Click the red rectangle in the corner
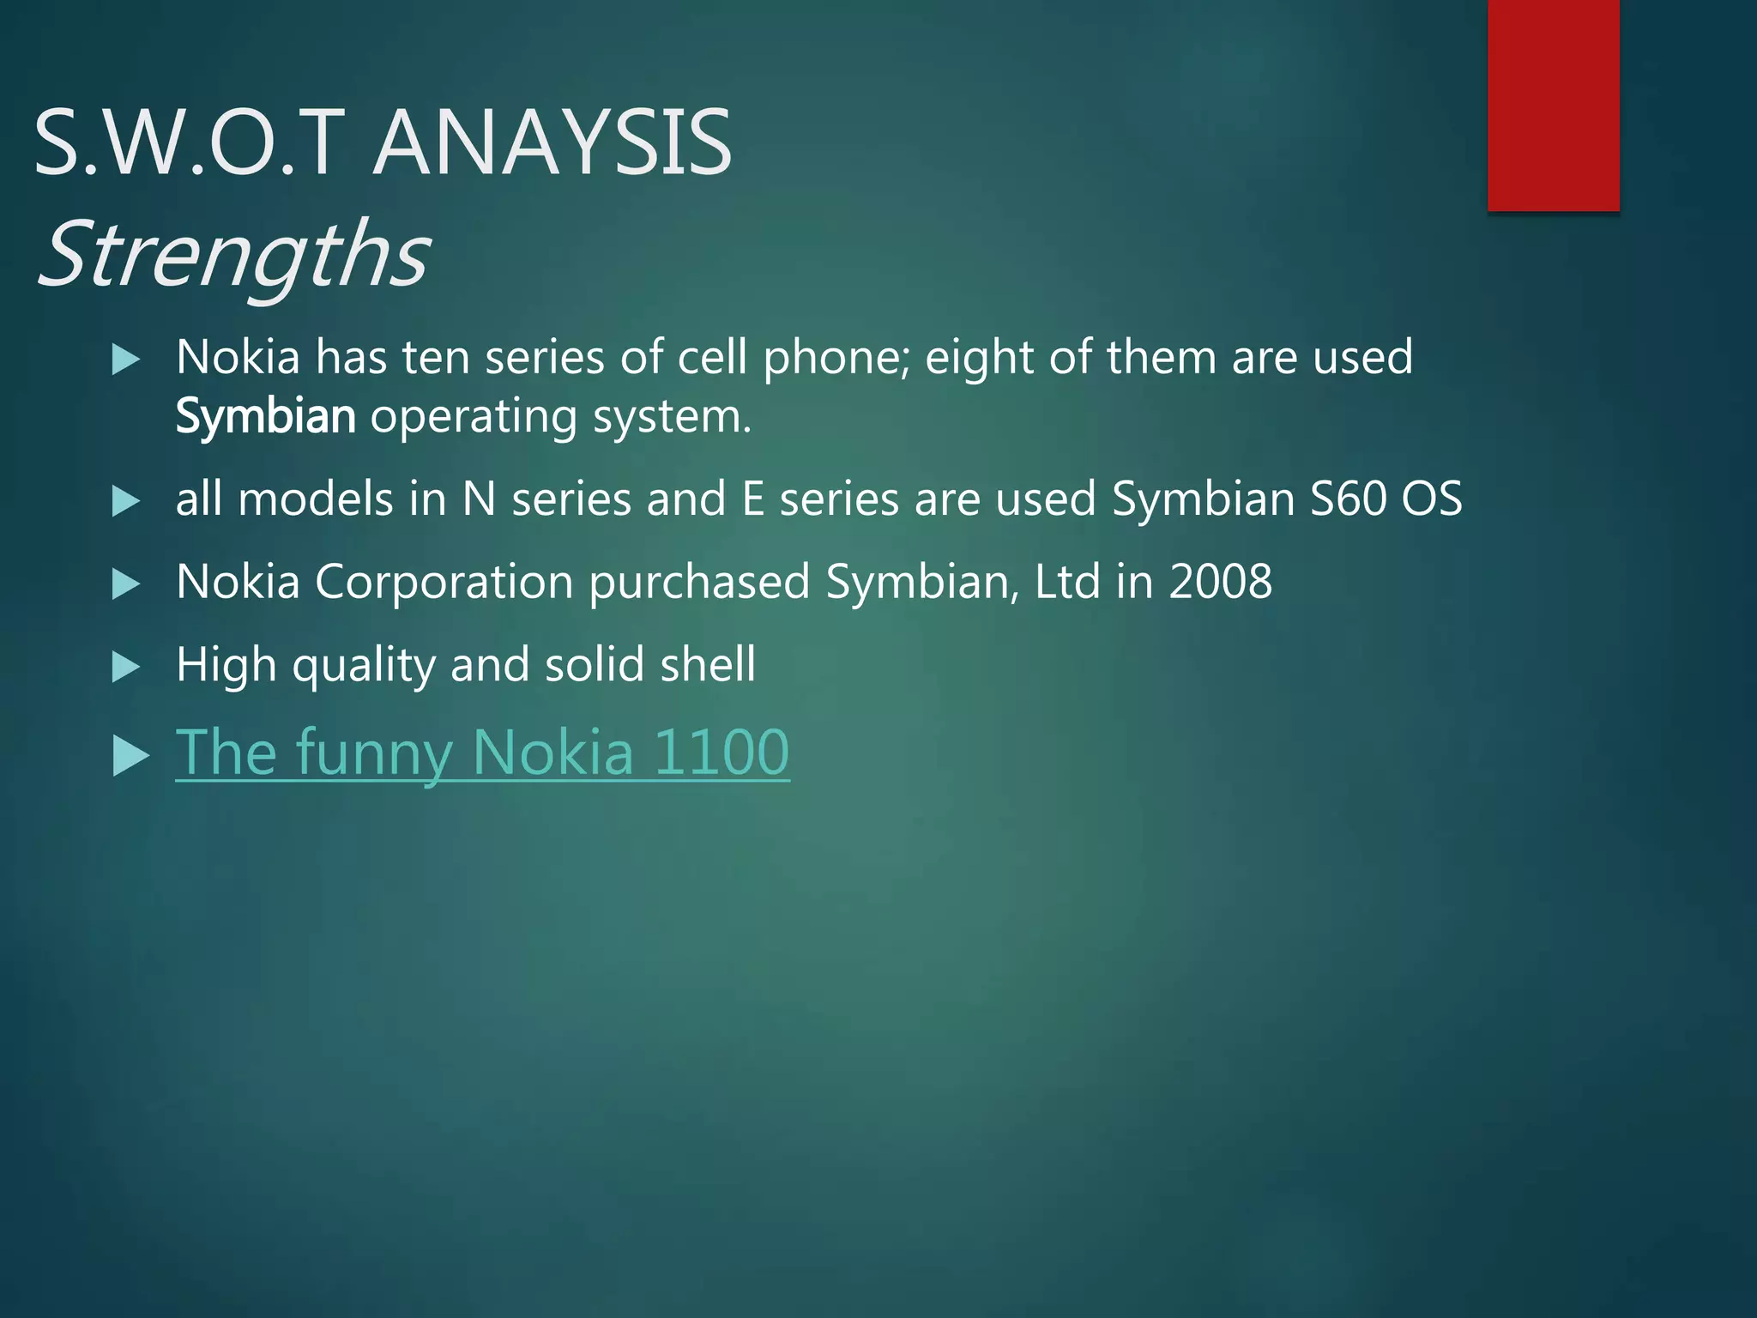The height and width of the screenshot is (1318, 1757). click(1553, 105)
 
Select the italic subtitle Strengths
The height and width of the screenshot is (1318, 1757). click(233, 254)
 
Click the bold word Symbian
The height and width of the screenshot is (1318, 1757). click(265, 417)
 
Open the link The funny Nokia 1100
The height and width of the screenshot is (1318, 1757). click(482, 752)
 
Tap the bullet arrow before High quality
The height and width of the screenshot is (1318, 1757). click(126, 667)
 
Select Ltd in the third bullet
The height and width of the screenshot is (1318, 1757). click(1066, 582)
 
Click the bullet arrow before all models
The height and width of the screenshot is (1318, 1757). click(126, 501)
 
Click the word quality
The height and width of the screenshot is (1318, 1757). click(364, 667)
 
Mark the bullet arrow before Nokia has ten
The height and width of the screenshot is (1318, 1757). click(126, 360)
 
